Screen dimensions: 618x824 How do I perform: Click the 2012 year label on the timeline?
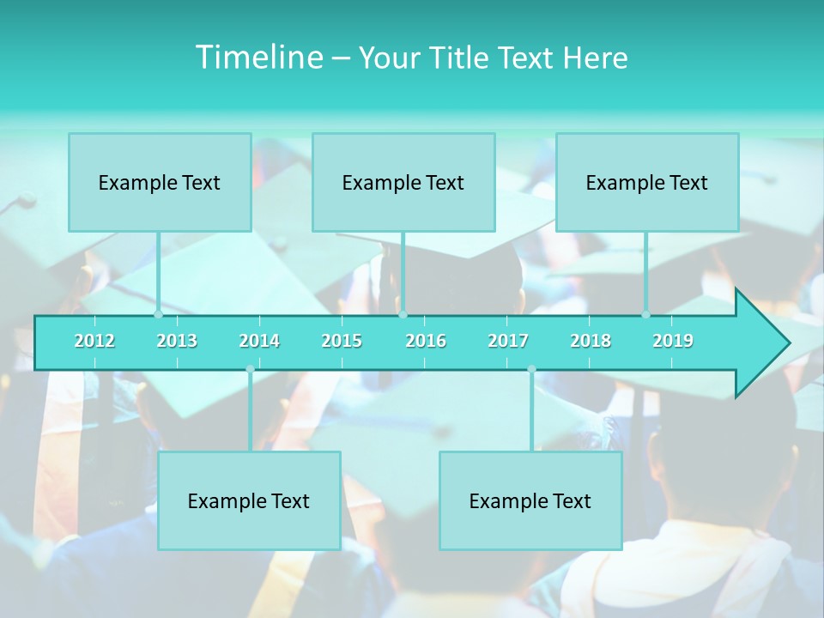(94, 341)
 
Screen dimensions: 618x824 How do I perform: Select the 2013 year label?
(177, 341)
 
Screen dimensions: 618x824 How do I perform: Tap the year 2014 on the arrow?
(259, 341)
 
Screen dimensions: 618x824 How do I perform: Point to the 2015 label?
(342, 341)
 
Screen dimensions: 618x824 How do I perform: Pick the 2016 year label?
(426, 341)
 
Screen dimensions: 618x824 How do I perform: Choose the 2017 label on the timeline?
(508, 341)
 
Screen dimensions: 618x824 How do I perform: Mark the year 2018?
(591, 341)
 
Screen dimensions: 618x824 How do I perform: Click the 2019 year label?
(673, 341)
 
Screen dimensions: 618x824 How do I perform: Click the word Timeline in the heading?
(259, 58)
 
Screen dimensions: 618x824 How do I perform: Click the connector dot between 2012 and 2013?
(158, 314)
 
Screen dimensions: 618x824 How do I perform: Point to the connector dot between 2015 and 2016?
(403, 314)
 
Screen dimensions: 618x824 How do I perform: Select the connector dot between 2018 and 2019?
(645, 314)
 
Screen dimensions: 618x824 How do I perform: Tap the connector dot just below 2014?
(250, 369)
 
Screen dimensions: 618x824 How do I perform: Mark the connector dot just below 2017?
(531, 369)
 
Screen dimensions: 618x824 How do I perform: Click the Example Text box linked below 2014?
(249, 500)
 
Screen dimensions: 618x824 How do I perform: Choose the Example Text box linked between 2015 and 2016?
(403, 182)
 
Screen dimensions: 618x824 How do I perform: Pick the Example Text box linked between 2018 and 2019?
(647, 182)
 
